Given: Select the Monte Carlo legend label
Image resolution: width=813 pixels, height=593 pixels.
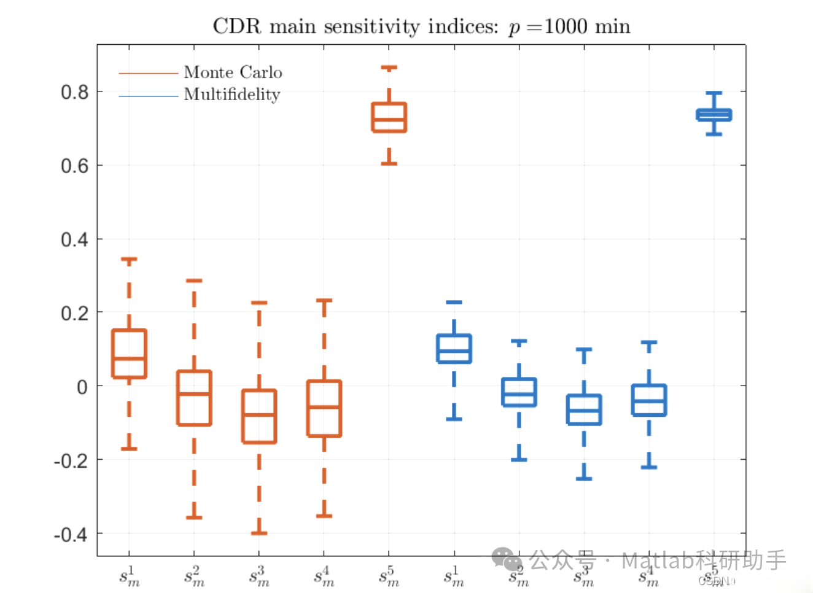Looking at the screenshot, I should (233, 72).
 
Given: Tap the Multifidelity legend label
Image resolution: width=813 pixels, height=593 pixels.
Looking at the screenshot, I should (231, 95).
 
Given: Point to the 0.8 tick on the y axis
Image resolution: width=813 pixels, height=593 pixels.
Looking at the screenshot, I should (74, 92).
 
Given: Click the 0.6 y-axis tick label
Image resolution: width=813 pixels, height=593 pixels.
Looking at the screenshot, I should (74, 166).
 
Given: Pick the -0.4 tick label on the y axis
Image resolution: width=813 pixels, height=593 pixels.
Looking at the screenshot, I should (71, 535).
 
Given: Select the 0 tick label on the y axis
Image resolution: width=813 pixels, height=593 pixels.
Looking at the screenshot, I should (82, 387).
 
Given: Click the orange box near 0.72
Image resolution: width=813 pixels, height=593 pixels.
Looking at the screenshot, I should (389, 117).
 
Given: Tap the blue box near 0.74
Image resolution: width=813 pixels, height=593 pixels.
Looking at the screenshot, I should (714, 115).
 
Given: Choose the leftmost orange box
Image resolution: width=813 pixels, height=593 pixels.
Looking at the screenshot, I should (129, 354).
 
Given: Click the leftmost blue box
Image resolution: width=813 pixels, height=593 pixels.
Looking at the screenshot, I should (454, 348).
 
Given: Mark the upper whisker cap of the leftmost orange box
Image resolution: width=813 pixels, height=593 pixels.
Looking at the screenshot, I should (129, 260).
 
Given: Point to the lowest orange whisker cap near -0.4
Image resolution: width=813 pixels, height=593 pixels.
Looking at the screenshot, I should (259, 533).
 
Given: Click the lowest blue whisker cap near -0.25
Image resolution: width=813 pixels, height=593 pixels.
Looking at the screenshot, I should (584, 478).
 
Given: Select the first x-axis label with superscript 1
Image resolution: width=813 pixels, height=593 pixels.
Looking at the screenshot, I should (129, 576).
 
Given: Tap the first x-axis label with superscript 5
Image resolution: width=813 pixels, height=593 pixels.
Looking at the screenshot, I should (389, 576).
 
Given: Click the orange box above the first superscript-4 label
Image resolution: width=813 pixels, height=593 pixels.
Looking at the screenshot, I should (324, 408).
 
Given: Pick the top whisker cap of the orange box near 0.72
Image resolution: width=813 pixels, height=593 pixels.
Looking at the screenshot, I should (389, 68).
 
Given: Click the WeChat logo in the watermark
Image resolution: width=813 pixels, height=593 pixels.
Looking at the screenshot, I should (507, 559).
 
